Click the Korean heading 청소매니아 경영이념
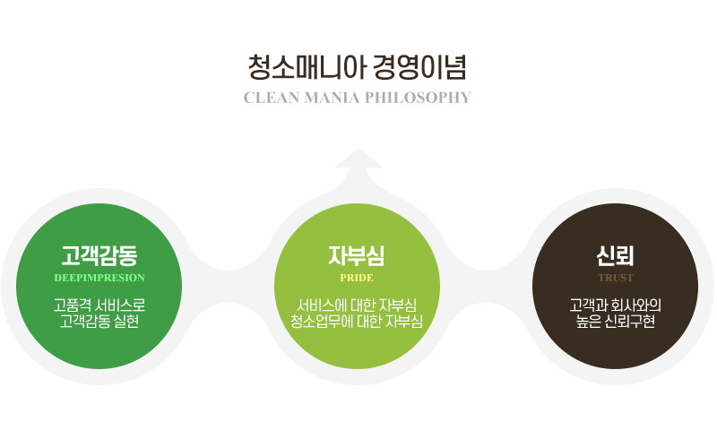pos(357,67)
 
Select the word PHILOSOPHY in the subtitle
pos(418,98)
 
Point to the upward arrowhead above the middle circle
pos(358,159)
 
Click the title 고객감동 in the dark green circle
pos(99,255)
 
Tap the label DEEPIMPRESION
pos(99,278)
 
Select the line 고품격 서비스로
pos(99,305)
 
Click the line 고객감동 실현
pos(99,322)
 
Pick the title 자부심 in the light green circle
pos(357,255)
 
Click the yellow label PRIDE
pos(357,278)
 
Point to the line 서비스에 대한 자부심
pos(357,305)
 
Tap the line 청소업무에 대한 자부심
pos(357,322)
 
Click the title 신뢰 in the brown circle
pos(615,255)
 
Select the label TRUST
pos(616,278)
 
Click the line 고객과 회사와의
pos(616,305)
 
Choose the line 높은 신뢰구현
pos(616,322)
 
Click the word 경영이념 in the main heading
pos(419,67)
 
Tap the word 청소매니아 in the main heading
pos(307,67)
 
